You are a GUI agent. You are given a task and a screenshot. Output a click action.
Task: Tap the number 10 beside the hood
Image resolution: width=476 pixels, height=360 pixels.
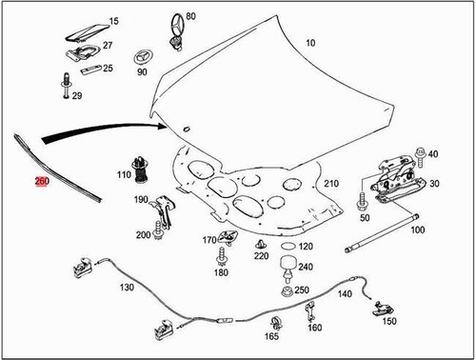[x=310, y=44]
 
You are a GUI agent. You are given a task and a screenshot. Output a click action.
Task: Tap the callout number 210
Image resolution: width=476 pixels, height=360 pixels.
[x=330, y=183]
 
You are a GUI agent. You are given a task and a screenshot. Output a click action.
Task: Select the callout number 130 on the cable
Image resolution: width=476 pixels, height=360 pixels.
[x=127, y=287]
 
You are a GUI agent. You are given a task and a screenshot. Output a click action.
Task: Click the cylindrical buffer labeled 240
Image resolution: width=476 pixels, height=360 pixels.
[x=287, y=259]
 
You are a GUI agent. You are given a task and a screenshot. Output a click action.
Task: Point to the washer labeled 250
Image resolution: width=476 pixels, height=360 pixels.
[x=287, y=290]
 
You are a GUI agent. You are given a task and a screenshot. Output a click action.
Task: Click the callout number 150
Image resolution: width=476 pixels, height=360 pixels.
[x=389, y=322]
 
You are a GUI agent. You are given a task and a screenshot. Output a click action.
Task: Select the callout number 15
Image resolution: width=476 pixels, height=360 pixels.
[x=113, y=21]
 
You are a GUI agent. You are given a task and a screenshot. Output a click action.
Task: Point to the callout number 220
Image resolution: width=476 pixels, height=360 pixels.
[x=261, y=255]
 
